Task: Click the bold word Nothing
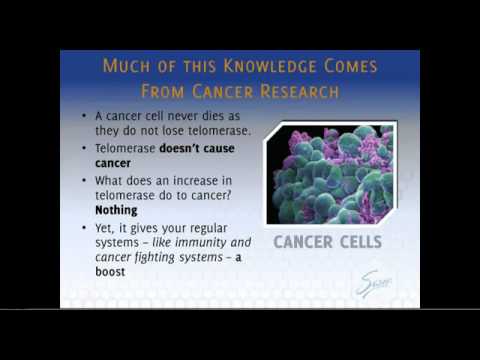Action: pyautogui.click(x=116, y=211)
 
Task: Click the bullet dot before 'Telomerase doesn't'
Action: pyautogui.click(x=85, y=148)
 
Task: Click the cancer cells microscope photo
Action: pyautogui.click(x=330, y=173)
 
